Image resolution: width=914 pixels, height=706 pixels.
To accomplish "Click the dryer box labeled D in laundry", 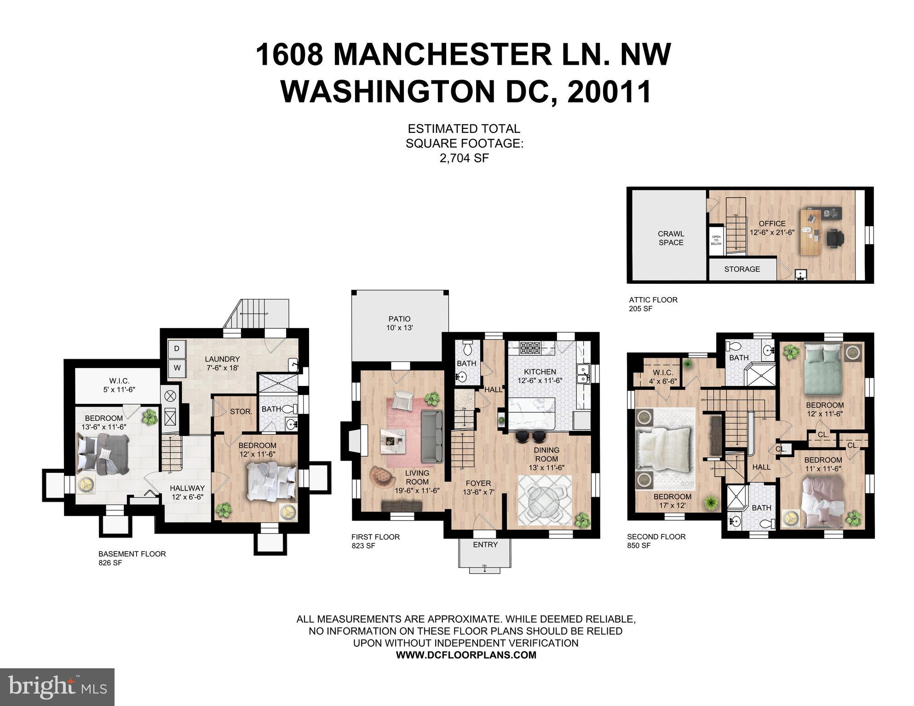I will (177, 349).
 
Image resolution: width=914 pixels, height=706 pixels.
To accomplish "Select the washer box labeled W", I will (177, 368).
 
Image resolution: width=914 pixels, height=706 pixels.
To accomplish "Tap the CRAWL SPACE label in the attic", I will (671, 238).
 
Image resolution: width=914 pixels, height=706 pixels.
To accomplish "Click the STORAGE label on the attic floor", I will (742, 269).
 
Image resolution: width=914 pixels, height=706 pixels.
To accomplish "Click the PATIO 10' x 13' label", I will (399, 323).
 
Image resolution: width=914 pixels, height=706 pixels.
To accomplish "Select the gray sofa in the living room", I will (432, 436).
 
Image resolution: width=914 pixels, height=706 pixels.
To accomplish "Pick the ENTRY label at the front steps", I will (485, 545).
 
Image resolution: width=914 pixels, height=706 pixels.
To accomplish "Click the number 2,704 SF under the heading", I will (464, 158).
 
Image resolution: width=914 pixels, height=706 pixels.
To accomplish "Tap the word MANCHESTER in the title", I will (442, 54).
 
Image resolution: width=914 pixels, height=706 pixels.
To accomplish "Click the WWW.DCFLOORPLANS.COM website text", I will (466, 655).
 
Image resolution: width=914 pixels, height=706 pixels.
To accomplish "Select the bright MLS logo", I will (57, 687).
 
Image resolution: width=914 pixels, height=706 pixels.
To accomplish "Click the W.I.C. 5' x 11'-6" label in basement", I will (119, 385).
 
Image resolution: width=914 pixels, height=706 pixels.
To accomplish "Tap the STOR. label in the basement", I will (241, 411).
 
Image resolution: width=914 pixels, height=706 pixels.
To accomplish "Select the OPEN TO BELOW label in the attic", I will (716, 240).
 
